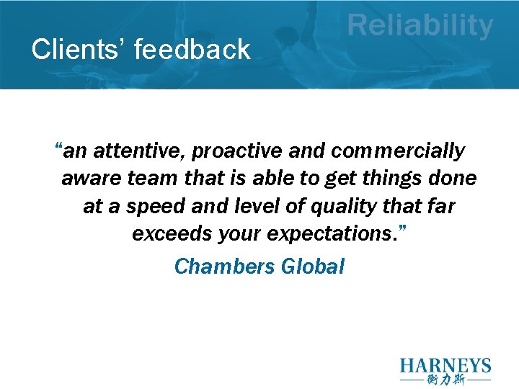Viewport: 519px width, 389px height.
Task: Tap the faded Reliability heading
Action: click(420, 27)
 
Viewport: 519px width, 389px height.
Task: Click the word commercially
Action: click(398, 151)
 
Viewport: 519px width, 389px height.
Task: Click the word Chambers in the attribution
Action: click(224, 267)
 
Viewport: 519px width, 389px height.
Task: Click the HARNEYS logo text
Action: click(445, 365)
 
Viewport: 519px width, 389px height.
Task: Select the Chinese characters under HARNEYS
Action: click(445, 380)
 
